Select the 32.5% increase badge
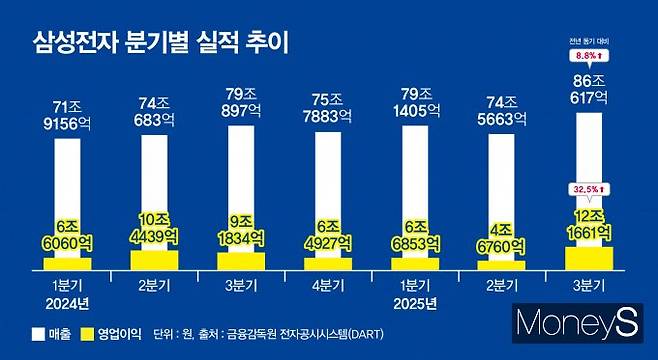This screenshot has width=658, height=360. [589, 188]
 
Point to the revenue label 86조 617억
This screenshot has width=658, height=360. [588, 91]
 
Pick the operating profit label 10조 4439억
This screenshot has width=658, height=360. [155, 228]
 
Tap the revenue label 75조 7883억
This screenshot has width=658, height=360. [328, 111]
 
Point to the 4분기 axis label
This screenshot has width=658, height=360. [330, 285]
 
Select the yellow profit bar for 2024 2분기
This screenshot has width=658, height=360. [155, 259]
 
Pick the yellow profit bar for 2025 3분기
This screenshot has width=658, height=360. [589, 257]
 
